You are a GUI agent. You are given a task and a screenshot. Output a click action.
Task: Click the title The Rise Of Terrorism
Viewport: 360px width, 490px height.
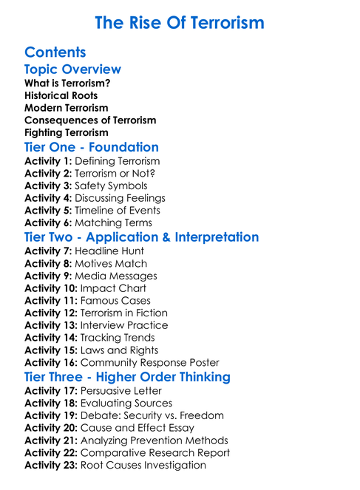click(180, 22)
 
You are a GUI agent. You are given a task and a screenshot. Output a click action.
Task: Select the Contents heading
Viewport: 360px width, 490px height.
click(55, 52)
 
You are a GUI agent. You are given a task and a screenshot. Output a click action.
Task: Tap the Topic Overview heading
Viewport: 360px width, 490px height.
click(72, 69)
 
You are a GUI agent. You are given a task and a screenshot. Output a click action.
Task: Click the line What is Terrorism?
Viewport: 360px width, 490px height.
click(67, 84)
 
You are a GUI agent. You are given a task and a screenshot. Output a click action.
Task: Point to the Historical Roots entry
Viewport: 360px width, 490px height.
click(61, 95)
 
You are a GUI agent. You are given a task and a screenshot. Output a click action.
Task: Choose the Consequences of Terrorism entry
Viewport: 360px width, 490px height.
click(90, 120)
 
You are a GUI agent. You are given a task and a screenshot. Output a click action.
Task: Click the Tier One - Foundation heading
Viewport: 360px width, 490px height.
click(92, 147)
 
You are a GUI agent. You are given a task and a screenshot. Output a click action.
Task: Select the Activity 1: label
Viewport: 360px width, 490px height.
click(48, 161)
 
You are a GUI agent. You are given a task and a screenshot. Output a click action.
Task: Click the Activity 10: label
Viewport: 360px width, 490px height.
click(51, 288)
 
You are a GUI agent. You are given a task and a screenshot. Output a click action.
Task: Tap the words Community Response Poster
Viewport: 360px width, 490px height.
click(149, 363)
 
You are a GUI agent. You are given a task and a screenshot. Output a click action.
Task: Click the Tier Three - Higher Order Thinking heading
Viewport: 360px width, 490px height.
click(127, 377)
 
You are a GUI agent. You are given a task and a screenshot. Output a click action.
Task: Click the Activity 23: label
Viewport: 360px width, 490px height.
click(51, 465)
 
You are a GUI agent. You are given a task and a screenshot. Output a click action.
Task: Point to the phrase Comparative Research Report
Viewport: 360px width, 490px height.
click(154, 452)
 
